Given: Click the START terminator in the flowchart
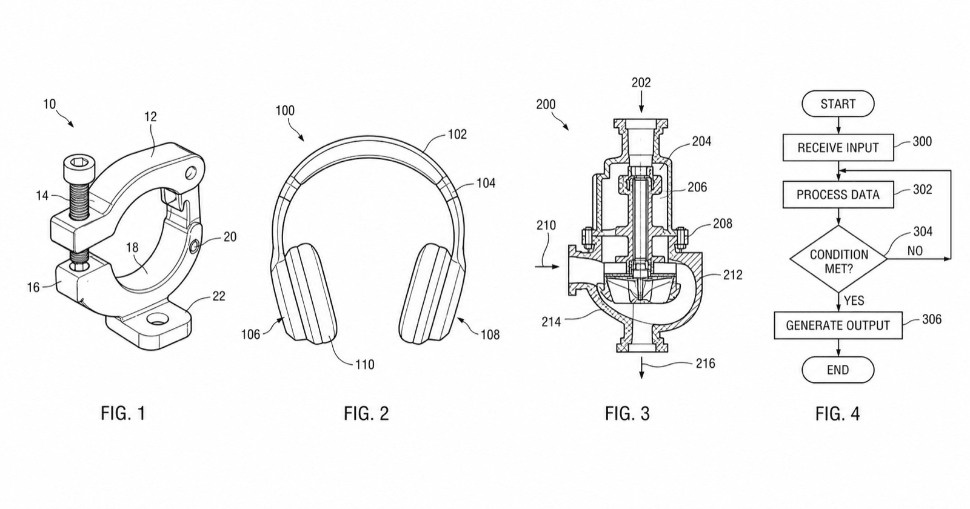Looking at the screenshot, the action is [838, 104].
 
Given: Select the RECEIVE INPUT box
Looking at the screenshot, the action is [838, 148].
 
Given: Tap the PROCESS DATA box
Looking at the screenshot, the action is [838, 195].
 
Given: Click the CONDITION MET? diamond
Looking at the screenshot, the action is [838, 259].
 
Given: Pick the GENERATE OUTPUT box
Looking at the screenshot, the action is [838, 325].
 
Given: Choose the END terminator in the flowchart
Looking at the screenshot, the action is [838, 370].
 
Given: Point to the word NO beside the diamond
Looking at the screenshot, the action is [915, 251].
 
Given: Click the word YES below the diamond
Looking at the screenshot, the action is [854, 301].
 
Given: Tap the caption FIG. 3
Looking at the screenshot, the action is [627, 413].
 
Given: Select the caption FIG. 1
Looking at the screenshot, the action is [123, 413].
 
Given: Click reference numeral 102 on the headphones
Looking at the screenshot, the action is [457, 134].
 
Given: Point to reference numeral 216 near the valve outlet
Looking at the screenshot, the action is [706, 363].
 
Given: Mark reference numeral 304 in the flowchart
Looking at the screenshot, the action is [923, 231].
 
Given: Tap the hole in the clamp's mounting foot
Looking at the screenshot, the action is [156, 319].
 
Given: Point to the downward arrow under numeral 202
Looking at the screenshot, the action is [641, 102].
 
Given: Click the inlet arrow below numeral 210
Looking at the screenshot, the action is [547, 267].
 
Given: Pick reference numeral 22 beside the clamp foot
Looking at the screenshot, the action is [219, 296].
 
